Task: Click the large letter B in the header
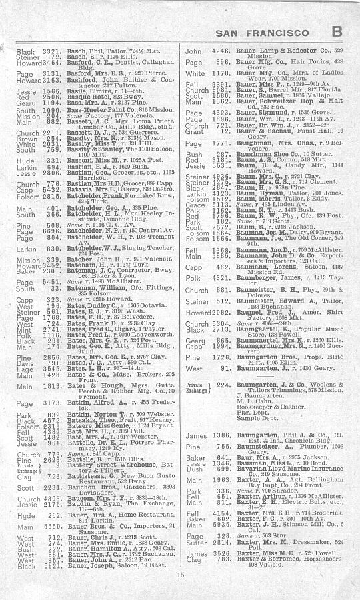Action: pyautogui.click(x=337, y=31)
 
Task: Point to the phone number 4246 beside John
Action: pyautogui.click(x=221, y=51)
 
